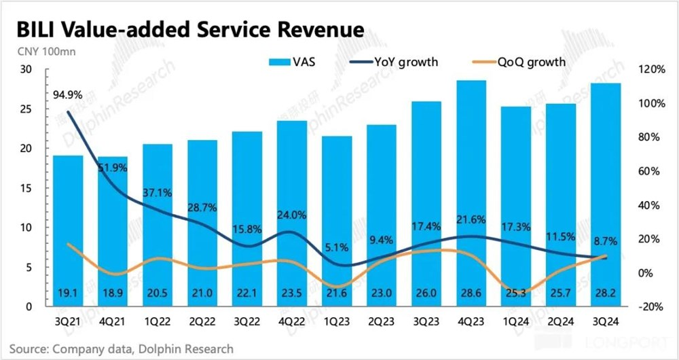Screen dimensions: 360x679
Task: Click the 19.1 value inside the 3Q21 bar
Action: pyautogui.click(x=68, y=293)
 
